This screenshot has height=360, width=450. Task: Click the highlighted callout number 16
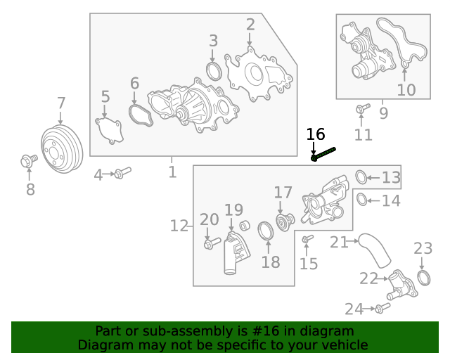pos(316,134)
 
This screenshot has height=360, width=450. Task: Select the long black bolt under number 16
pos(324,154)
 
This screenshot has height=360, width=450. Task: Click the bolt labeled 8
pos(29,162)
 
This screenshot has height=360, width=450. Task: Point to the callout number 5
pos(105,97)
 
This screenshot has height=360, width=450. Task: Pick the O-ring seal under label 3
pos(214,70)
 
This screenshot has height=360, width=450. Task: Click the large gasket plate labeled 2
pos(257,74)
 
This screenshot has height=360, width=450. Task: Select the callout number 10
pos(406,90)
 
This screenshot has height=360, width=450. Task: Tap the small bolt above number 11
pos(362,109)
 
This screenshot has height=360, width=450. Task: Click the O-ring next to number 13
pos(360,176)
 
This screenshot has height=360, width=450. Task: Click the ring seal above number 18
pos(266,231)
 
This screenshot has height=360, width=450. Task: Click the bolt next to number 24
pos(382,308)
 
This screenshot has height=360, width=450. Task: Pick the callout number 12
pos(179,226)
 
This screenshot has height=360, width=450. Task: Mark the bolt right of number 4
pos(122,172)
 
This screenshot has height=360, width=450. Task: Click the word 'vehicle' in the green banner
pos(345,345)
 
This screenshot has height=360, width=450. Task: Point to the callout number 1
pos(172,172)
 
